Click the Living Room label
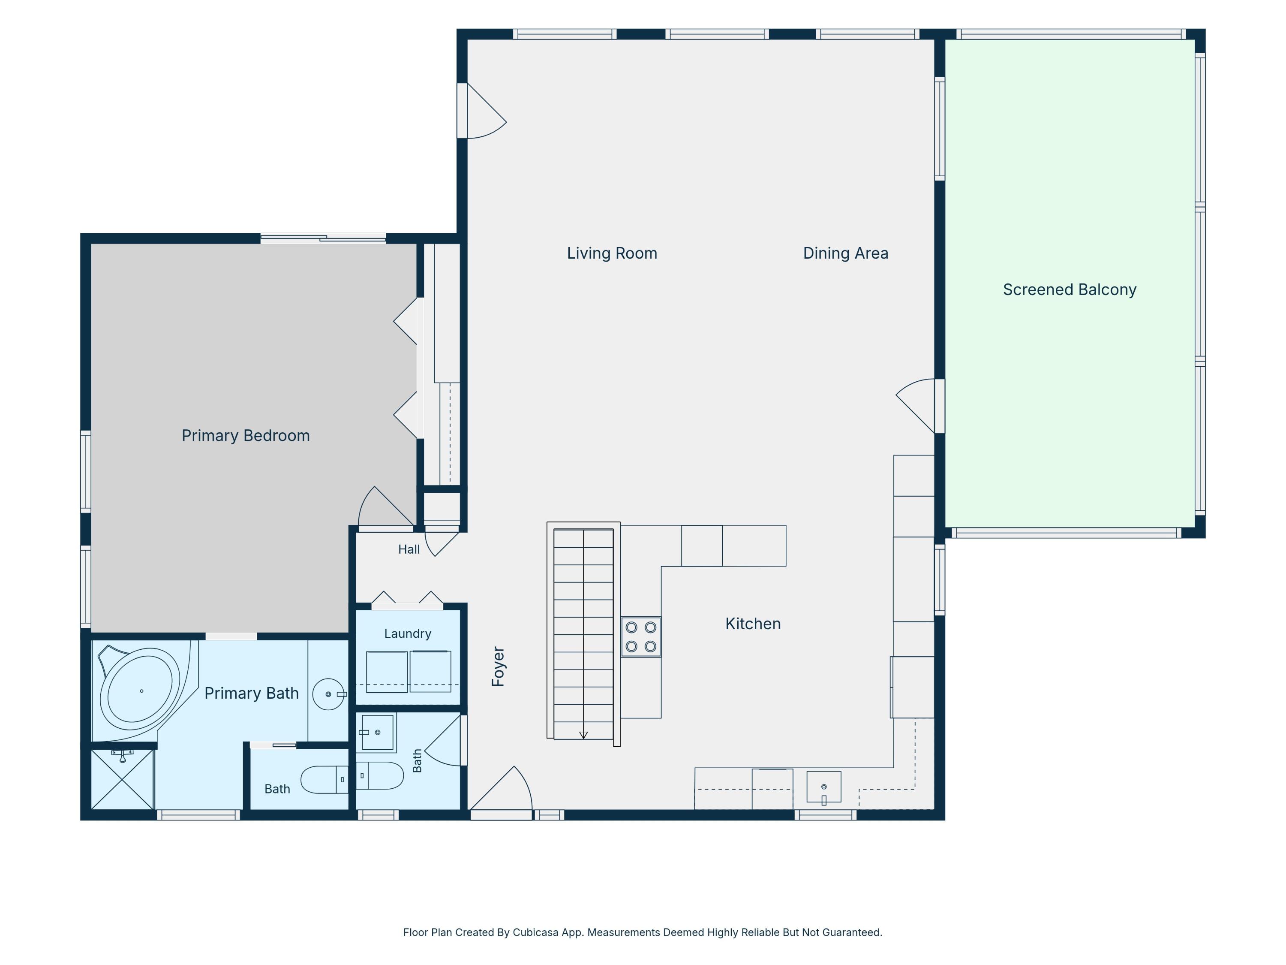coord(612,253)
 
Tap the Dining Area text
coord(845,253)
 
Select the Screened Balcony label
coord(1069,289)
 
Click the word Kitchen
coord(753,624)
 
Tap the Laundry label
coord(408,633)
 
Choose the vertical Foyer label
coord(498,666)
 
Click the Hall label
coord(409,549)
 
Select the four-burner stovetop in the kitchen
coord(641,637)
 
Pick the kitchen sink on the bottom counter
coord(824,787)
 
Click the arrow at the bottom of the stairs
coord(583,735)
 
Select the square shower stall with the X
coord(122,779)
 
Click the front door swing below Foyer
coord(501,788)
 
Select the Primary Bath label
coord(251,694)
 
